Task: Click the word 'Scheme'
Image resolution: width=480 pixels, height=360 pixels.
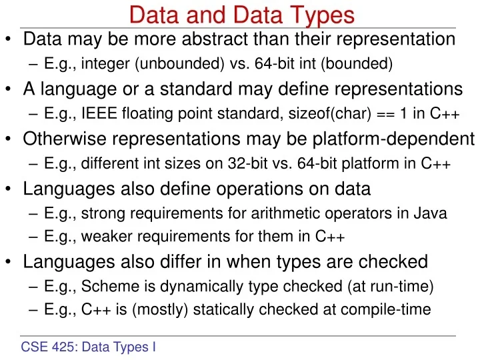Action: click(x=104, y=287)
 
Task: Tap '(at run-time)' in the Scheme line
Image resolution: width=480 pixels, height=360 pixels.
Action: click(x=397, y=287)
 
